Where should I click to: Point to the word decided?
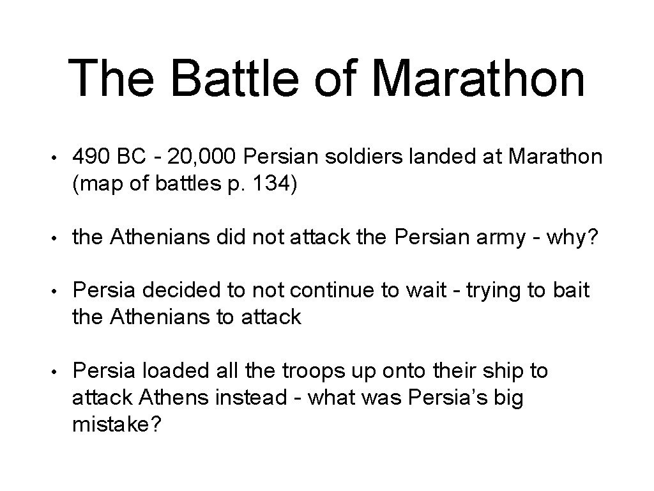[174, 291]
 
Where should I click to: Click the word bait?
[570, 291]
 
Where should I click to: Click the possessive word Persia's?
[457, 398]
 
